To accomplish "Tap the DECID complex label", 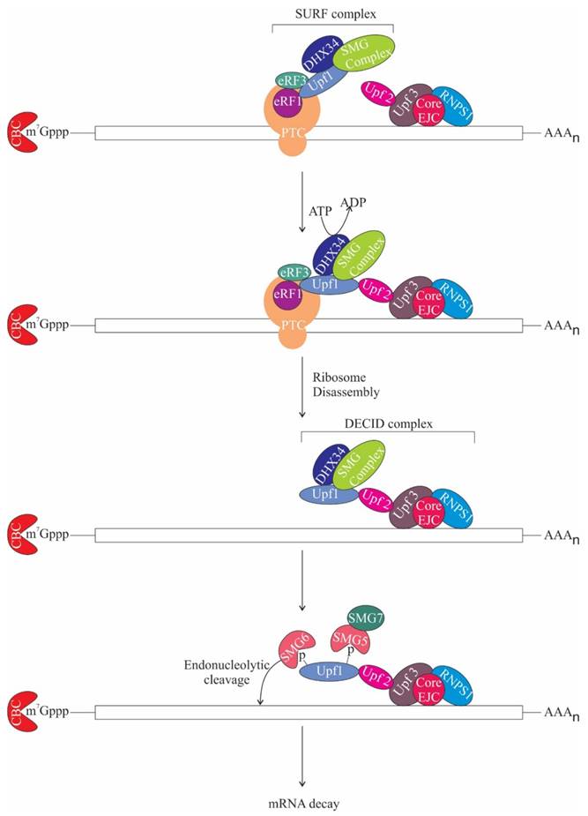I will tap(387, 422).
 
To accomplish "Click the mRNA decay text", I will tap(303, 803).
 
